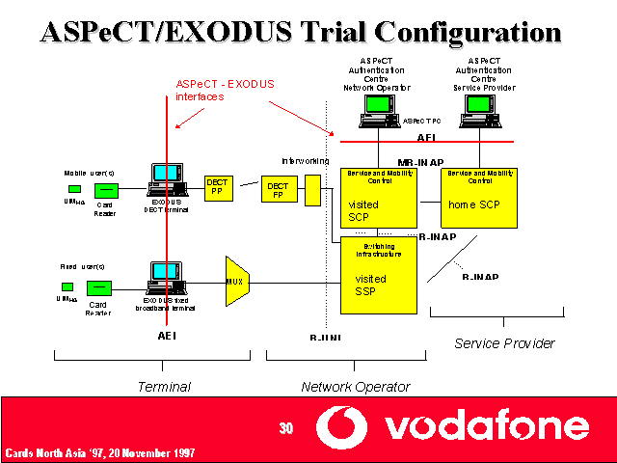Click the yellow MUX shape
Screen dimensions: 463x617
coord(236,281)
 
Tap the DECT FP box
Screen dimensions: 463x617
coord(279,188)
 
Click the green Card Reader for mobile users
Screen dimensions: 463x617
coord(106,190)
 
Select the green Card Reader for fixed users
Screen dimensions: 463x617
coord(98,287)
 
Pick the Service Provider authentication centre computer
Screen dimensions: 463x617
coord(479,114)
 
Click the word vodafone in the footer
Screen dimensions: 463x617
coord(487,425)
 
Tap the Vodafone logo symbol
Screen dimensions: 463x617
coord(344,426)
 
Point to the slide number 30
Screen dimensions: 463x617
coord(285,427)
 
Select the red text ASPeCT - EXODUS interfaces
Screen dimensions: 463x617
coord(225,90)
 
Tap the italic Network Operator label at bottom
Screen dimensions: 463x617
coord(356,387)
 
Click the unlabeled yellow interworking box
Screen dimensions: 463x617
coord(312,190)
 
